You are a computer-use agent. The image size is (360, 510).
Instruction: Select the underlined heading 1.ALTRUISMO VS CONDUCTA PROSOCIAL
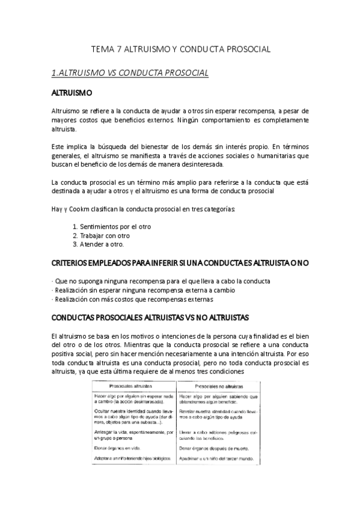point(130,73)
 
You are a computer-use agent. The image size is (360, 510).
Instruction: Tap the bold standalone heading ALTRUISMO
point(72,94)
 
